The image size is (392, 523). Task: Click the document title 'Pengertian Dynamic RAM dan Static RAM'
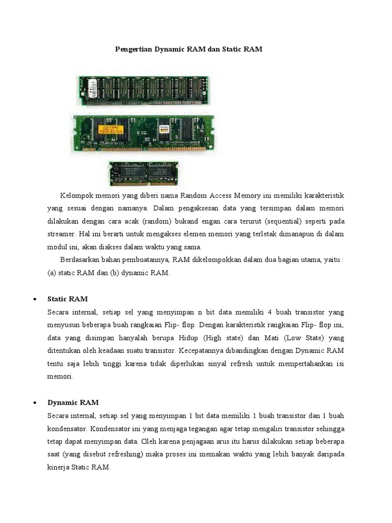coord(187,49)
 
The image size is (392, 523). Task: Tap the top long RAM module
coord(143,90)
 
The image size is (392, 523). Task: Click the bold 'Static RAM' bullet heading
coord(67,298)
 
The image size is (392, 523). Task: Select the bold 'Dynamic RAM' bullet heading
coord(73,402)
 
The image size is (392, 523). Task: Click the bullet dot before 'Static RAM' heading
coord(34,299)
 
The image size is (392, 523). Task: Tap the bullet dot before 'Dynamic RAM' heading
coord(34,403)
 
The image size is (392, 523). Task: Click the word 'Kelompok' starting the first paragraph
coord(77,196)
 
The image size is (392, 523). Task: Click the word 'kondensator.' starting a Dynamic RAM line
coord(66,428)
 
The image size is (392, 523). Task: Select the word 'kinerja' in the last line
coord(58,467)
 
